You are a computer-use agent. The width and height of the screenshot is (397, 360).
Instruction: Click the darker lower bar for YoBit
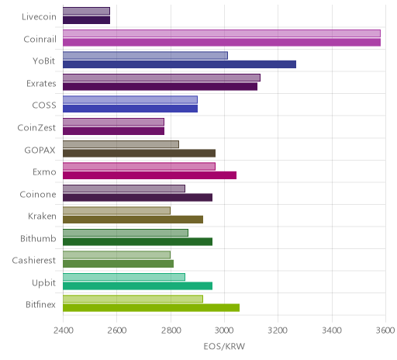(179, 64)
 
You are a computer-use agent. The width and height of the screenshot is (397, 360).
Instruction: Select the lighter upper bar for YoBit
(145, 55)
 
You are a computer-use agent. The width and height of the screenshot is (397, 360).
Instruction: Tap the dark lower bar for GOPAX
(139, 153)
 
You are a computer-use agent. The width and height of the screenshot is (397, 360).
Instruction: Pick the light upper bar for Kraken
(116, 210)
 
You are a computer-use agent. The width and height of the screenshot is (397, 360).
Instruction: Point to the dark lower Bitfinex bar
(151, 308)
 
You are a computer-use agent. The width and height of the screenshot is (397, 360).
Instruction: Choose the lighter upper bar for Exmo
(139, 166)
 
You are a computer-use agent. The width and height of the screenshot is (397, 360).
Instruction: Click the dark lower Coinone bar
(137, 197)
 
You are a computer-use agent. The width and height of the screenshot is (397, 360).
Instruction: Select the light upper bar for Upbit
(124, 277)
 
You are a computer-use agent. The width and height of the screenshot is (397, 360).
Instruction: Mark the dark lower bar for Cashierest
(118, 264)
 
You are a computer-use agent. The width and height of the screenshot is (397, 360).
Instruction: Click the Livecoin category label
(39, 17)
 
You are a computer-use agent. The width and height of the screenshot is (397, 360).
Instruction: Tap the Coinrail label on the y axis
(40, 40)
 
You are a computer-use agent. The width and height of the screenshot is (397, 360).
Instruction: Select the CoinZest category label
(36, 128)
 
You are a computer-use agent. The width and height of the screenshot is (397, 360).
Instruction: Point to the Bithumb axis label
(38, 238)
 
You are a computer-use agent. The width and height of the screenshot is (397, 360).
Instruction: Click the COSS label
(44, 106)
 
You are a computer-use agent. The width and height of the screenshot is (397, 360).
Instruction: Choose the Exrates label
(41, 84)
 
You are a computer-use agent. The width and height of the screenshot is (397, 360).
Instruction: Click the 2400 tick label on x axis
(64, 331)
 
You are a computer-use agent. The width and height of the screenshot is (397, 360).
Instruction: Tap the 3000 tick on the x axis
(225, 331)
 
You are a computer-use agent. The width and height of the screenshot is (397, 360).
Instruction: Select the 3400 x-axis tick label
(332, 331)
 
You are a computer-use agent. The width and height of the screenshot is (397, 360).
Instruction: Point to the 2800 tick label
(171, 331)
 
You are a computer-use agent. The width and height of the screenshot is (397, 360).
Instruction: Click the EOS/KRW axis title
(224, 346)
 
